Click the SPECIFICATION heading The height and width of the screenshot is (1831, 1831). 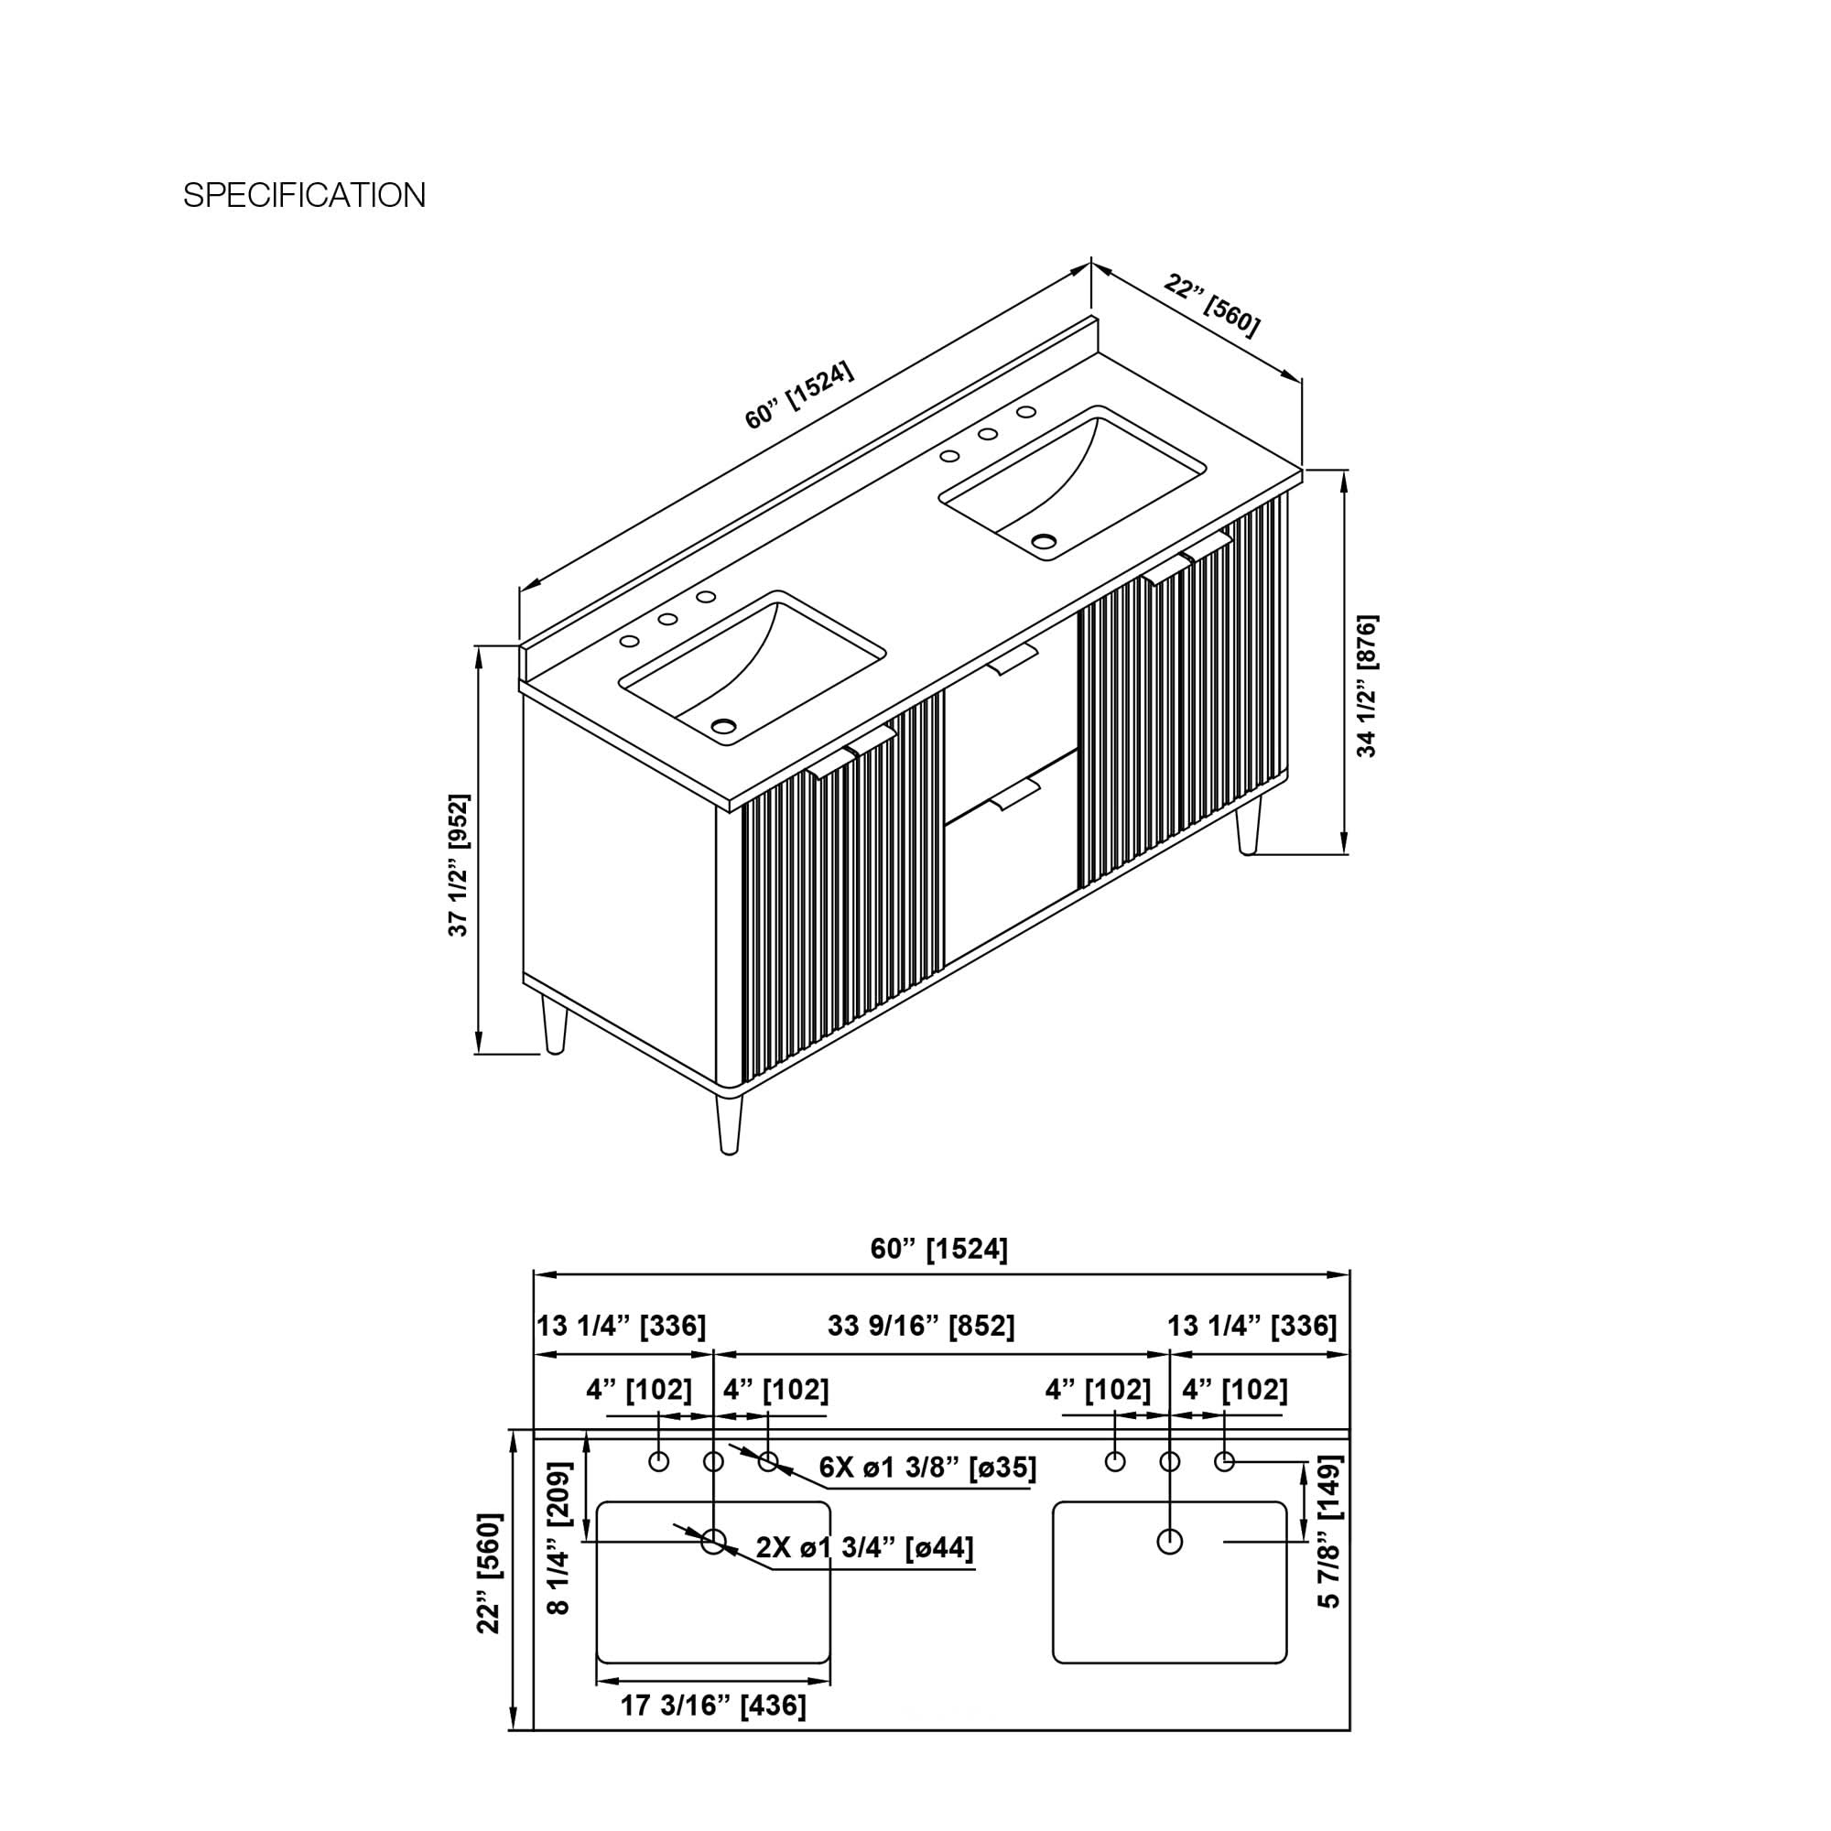[x=304, y=195]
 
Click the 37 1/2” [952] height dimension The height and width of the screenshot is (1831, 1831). [x=459, y=865]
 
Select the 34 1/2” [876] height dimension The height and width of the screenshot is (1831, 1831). [x=1367, y=685]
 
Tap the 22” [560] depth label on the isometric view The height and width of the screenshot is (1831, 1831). [x=1213, y=305]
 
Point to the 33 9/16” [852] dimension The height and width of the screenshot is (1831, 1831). [x=921, y=1326]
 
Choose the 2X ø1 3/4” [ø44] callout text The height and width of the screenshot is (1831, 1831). [x=864, y=1547]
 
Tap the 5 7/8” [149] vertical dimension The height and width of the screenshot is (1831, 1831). [x=1329, y=1532]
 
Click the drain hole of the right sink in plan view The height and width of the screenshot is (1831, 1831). [x=1169, y=1542]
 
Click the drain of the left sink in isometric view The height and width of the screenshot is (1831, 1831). [x=724, y=727]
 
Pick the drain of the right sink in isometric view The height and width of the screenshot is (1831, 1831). [x=1044, y=542]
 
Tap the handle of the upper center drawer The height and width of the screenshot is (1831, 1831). [x=1013, y=658]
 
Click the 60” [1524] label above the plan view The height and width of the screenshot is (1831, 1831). [x=939, y=1249]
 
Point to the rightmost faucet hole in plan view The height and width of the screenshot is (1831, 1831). [x=1224, y=1461]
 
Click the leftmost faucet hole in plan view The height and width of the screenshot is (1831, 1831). [x=658, y=1461]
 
